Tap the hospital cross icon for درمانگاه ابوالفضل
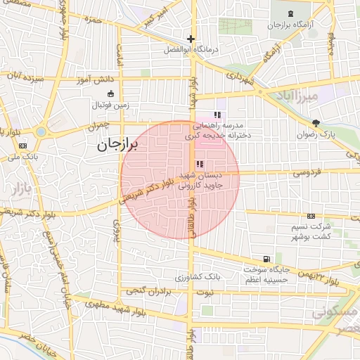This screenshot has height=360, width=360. point(191,39)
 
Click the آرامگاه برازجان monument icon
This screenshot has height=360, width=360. point(291,14)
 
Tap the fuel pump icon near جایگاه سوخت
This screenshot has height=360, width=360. point(266,259)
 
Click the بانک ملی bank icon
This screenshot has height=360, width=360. point(23,146)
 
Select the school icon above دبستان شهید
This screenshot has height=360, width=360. point(200,164)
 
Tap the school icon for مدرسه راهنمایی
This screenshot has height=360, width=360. point(217,114)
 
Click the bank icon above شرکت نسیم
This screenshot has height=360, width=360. point(311,217)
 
